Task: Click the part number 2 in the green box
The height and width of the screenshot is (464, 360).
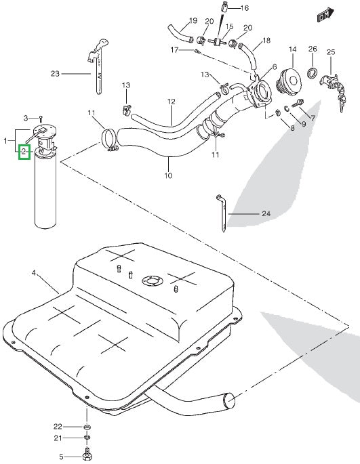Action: click(x=24, y=152)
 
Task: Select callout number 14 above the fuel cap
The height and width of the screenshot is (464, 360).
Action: click(x=293, y=49)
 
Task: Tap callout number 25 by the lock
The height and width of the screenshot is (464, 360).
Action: click(x=331, y=52)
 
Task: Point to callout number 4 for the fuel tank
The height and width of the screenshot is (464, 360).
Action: click(x=33, y=273)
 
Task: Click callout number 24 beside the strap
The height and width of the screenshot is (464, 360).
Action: click(x=266, y=214)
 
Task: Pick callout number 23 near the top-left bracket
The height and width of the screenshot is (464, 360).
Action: click(x=55, y=73)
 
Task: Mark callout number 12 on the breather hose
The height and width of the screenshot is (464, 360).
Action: click(x=172, y=102)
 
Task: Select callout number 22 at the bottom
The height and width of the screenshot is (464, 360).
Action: click(x=58, y=427)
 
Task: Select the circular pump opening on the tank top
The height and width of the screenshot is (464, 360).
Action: click(x=150, y=280)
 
